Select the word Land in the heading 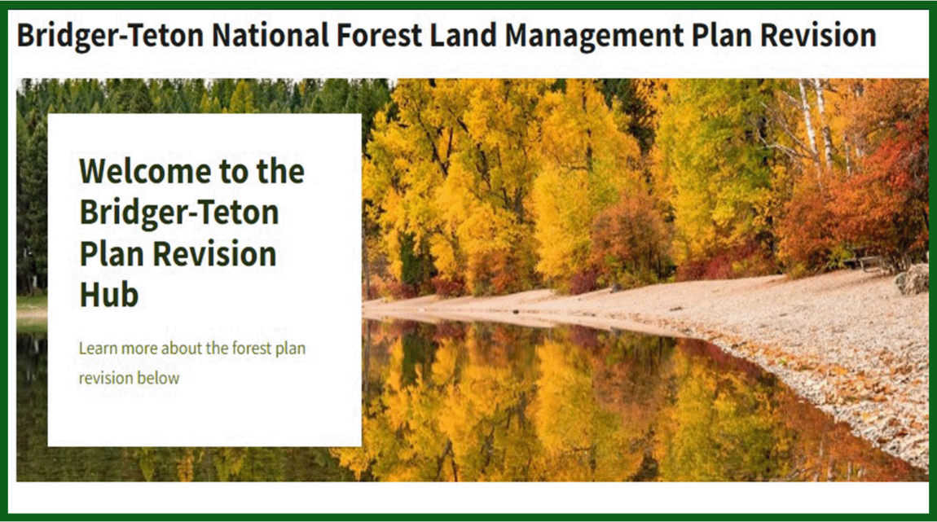(x=464, y=36)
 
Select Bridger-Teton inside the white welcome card (x=179, y=213)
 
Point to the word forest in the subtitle (x=255, y=349)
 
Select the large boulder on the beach (x=913, y=279)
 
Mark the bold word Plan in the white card (x=110, y=254)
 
